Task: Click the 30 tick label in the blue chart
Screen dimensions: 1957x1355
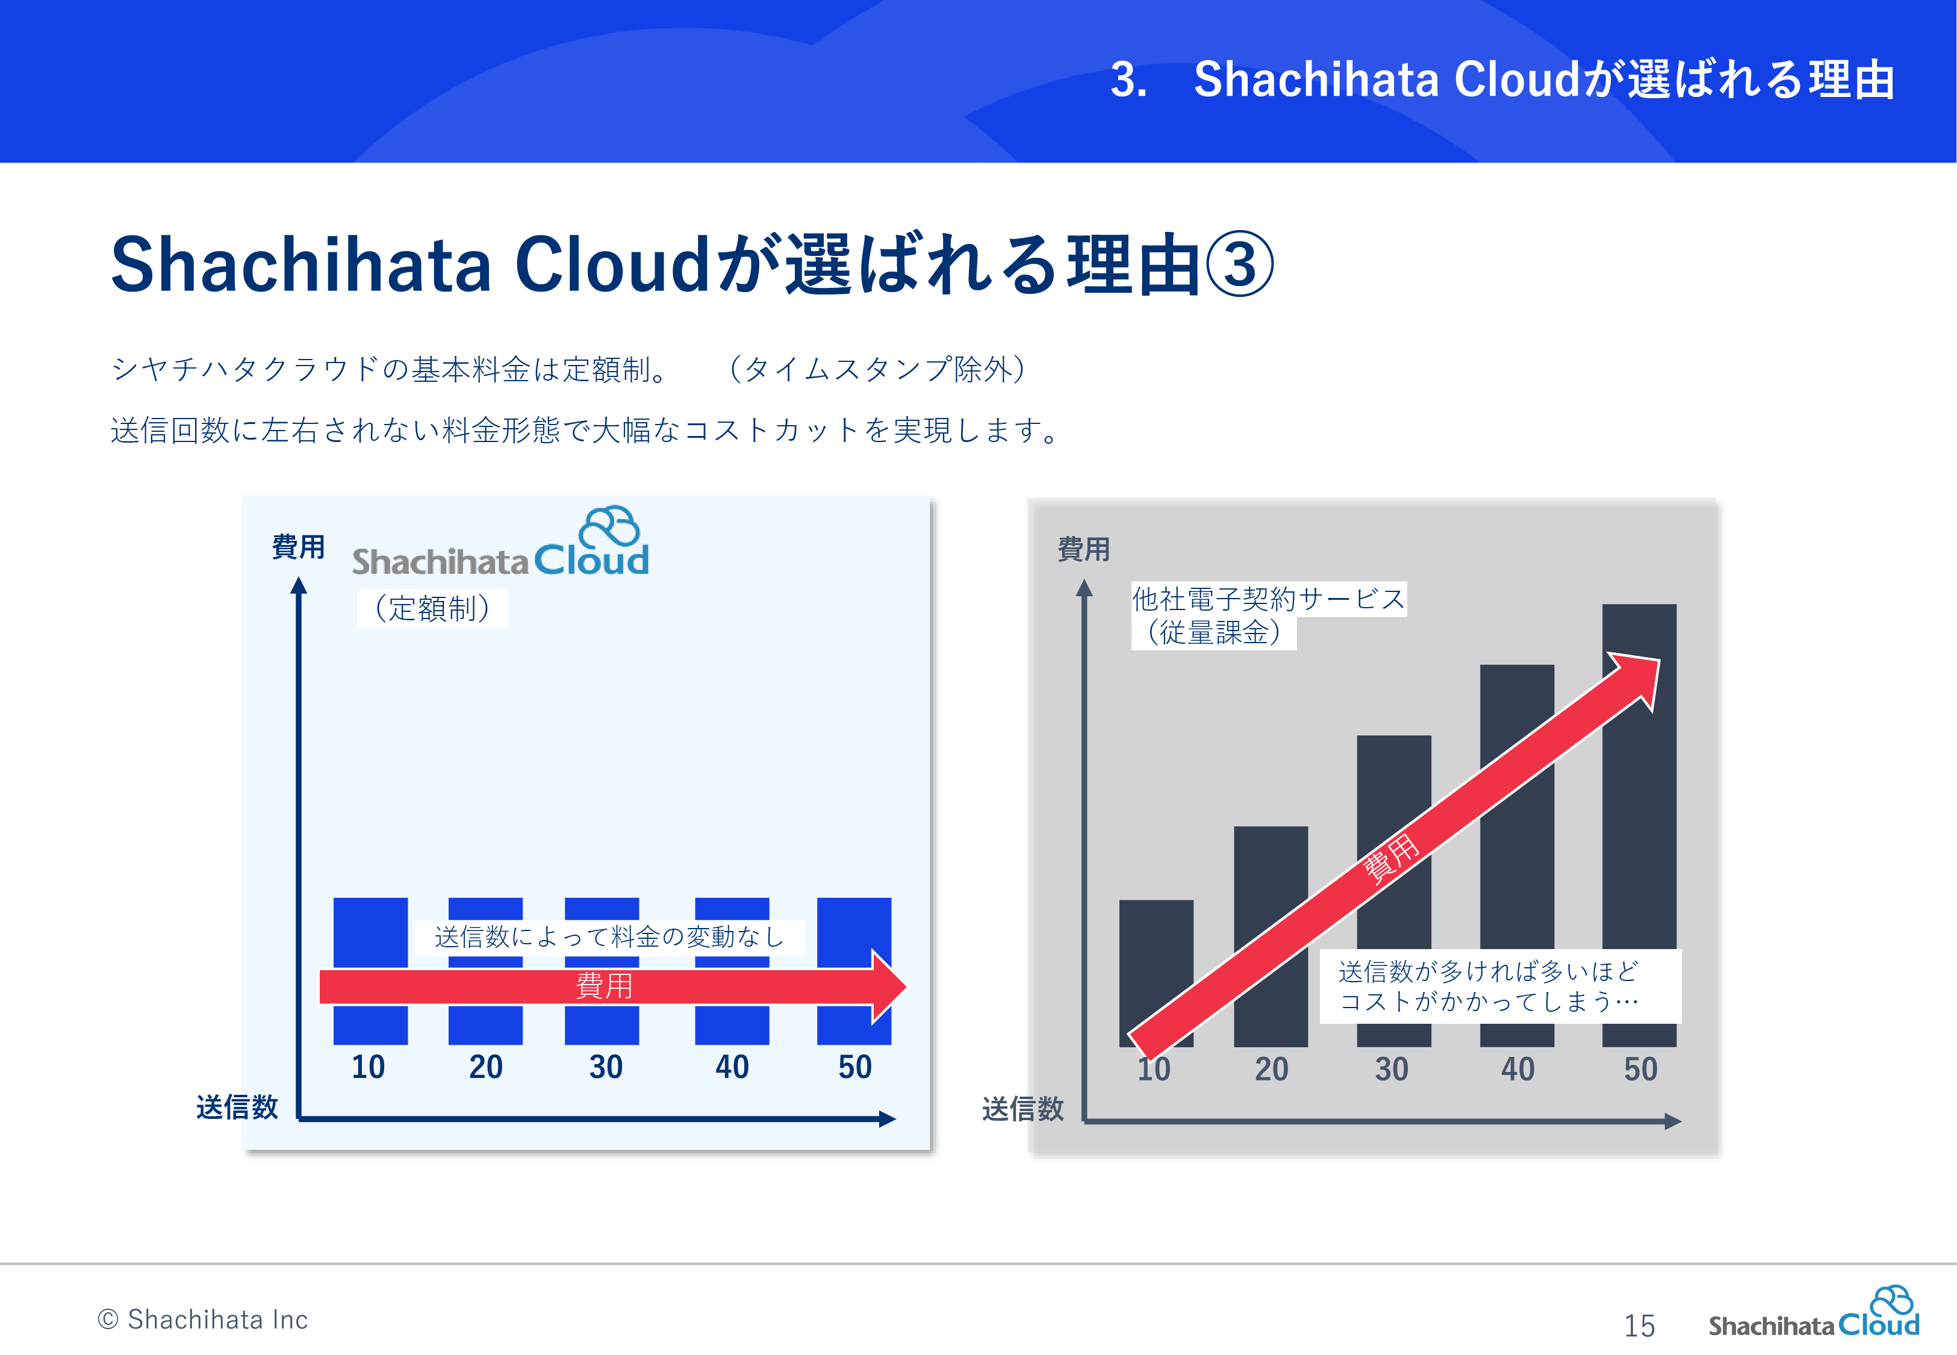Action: [x=606, y=1067]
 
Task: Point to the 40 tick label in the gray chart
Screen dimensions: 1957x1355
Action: [x=1517, y=1069]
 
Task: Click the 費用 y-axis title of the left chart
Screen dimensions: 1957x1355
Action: [x=298, y=547]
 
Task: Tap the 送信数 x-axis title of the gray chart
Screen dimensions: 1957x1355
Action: [x=1022, y=1109]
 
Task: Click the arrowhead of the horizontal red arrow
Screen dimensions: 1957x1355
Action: [x=889, y=986]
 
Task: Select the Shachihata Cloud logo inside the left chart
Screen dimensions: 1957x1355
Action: [x=501, y=543]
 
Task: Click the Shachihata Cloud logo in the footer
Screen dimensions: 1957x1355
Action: [x=1814, y=1313]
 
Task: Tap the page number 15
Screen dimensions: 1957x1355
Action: [x=1638, y=1325]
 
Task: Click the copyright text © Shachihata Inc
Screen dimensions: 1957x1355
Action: [x=203, y=1319]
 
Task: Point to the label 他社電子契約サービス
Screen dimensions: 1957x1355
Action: [x=1269, y=599]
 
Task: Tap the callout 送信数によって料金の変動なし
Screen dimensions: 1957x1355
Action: [x=609, y=937]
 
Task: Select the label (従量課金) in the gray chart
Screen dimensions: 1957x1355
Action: [x=1213, y=632]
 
